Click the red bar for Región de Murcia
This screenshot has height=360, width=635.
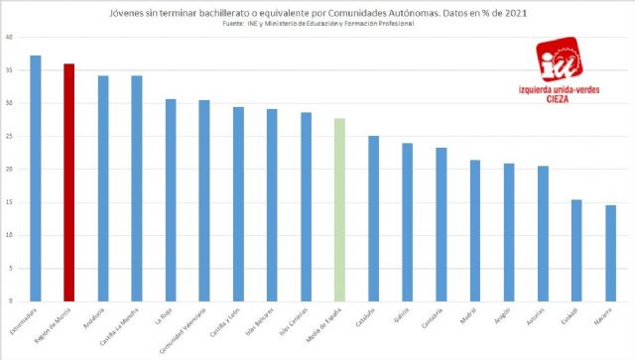[x=68, y=182]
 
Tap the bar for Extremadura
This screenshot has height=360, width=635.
[x=36, y=179]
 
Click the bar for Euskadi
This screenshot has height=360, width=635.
[x=576, y=250]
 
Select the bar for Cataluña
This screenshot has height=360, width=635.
[x=373, y=218]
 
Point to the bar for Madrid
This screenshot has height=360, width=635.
[x=475, y=230]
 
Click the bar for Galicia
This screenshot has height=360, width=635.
[x=408, y=222]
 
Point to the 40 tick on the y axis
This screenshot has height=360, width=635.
[x=9, y=37]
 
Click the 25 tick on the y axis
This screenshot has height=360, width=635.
[x=9, y=136]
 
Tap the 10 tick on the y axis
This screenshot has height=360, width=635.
[x=9, y=235]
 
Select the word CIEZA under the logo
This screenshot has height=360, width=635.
[x=568, y=98]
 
